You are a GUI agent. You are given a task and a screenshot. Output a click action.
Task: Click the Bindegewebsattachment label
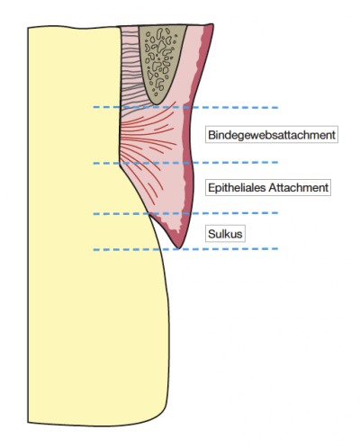point(272,135)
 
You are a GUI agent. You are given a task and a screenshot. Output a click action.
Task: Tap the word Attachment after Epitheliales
point(299,188)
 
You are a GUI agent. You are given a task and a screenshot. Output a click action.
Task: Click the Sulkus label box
point(225,234)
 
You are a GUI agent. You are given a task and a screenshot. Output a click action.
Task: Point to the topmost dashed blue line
point(185,107)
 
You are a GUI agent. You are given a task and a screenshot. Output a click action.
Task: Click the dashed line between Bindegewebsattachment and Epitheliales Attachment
point(185,163)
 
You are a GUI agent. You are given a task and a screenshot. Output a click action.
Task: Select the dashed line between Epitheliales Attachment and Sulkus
point(185,213)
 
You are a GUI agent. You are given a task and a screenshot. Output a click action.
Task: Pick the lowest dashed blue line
point(185,249)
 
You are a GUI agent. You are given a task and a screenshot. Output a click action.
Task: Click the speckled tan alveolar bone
point(160,60)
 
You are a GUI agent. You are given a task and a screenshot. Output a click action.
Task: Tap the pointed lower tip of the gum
point(178,248)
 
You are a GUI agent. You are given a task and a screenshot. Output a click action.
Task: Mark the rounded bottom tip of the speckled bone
point(156,103)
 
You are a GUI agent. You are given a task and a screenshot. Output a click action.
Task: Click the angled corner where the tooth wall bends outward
point(120,165)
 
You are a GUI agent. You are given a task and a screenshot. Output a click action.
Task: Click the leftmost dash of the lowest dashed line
point(96,249)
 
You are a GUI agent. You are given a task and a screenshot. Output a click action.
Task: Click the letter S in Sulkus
point(211,234)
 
